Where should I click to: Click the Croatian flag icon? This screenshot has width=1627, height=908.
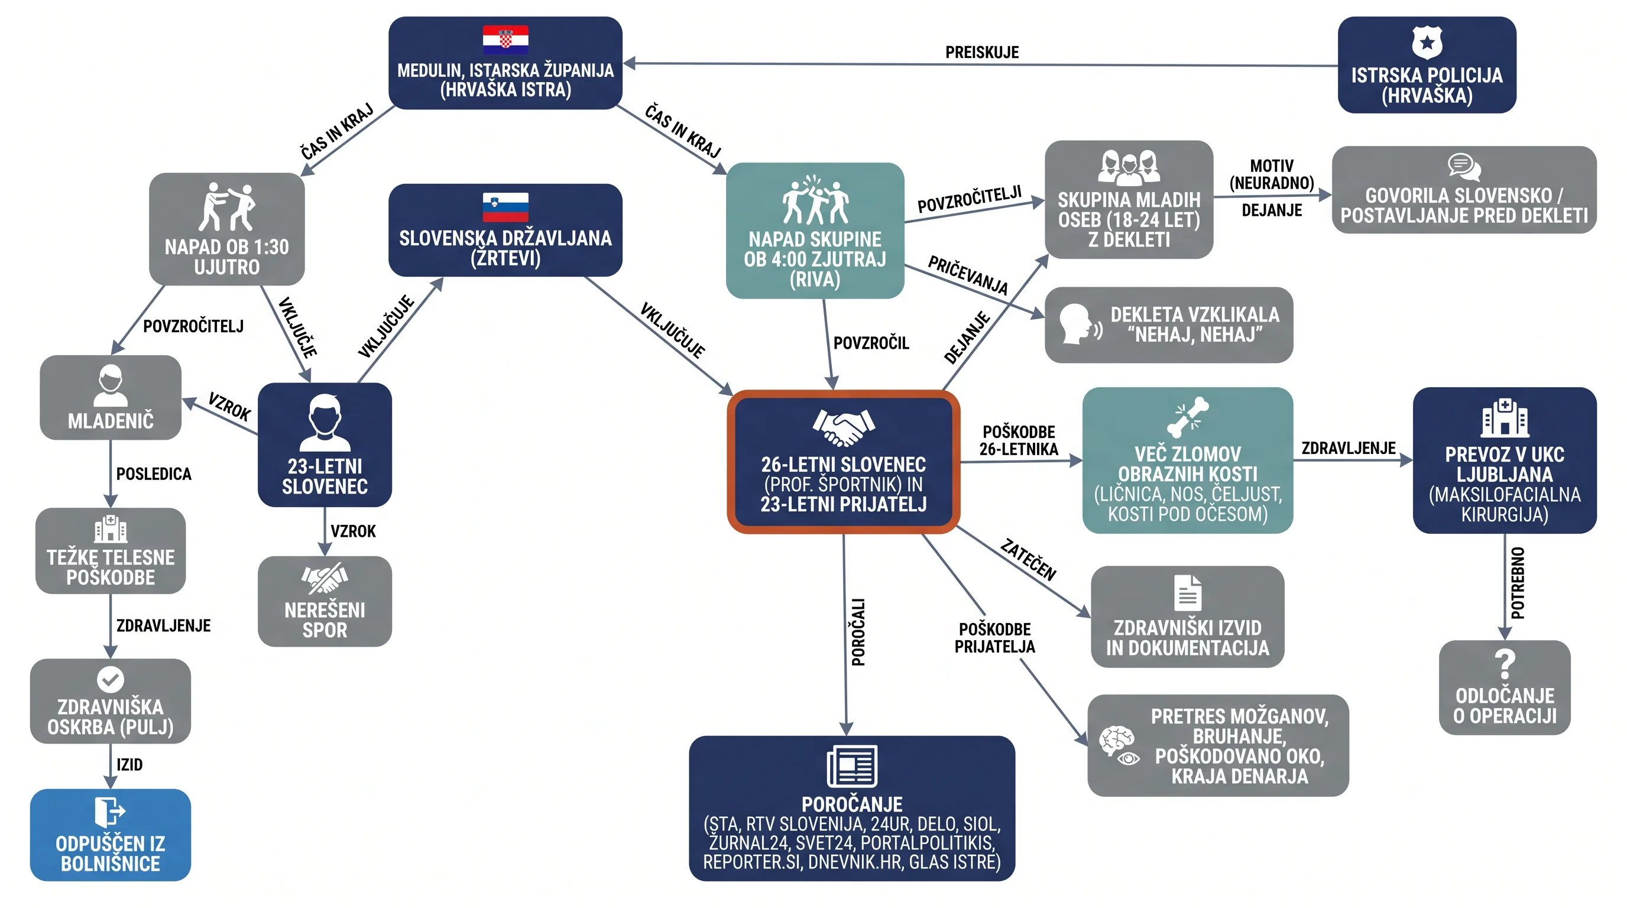(x=505, y=40)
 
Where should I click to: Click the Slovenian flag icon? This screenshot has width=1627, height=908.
(x=505, y=207)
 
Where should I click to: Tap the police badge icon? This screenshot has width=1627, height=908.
(x=1427, y=43)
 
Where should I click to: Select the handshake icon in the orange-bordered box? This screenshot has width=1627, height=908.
(x=843, y=427)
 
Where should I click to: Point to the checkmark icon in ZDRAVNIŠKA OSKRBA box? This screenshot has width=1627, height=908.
(x=111, y=679)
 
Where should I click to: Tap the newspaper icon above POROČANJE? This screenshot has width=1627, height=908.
(x=852, y=766)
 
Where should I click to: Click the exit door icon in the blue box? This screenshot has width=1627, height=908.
(x=110, y=812)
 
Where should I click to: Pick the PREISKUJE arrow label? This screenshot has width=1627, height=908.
(x=981, y=53)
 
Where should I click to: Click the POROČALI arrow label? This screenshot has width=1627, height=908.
(x=858, y=632)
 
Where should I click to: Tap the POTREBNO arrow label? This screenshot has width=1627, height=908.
(x=1517, y=583)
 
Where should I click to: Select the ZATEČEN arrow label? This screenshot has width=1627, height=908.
(x=1028, y=559)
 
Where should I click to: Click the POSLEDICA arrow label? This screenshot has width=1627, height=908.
(x=154, y=474)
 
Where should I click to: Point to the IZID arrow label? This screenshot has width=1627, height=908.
(x=129, y=765)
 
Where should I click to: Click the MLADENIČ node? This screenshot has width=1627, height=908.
(x=111, y=397)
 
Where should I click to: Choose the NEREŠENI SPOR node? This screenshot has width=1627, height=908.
(x=325, y=601)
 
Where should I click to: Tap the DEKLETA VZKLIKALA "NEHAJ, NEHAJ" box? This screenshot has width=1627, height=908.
(x=1168, y=325)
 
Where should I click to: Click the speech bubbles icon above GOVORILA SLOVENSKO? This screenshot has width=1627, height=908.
(x=1464, y=167)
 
